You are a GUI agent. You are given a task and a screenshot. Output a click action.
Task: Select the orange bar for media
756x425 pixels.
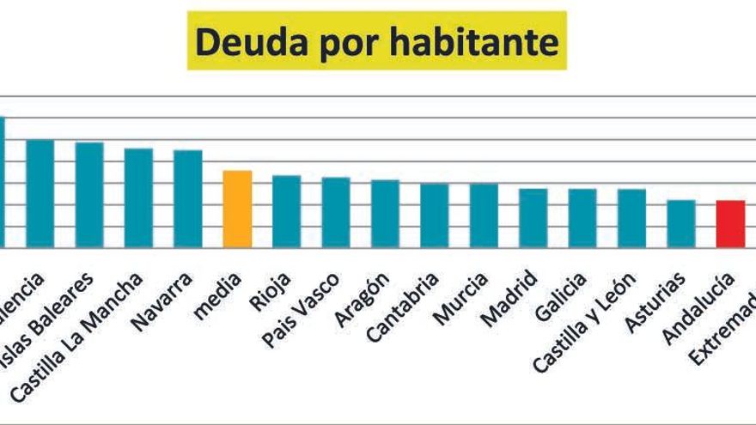pos(237,209)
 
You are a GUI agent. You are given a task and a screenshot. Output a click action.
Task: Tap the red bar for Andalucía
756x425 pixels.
pos(730,224)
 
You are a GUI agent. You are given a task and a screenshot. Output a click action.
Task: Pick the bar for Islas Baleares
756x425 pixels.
pos(89,195)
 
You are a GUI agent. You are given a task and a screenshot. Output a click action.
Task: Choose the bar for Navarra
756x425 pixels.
pos(188,199)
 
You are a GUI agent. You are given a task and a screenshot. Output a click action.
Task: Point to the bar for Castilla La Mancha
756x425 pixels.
pos(138,198)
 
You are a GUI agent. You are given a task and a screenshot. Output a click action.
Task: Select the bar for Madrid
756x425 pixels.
pos(533,218)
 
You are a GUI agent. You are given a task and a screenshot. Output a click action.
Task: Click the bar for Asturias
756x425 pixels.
pos(681,223)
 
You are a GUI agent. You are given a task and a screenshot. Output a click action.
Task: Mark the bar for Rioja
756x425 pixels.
pos(287,211)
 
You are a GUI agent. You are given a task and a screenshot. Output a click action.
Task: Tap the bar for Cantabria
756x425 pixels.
pos(435,216)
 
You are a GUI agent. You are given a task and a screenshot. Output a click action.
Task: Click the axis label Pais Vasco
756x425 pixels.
pos(301,311)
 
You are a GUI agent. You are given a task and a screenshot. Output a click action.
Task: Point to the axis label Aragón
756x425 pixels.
pos(361,300)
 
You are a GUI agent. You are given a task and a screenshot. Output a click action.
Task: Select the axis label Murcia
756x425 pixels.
pos(460,300)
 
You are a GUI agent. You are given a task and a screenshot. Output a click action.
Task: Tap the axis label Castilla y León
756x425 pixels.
pos(584,322)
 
